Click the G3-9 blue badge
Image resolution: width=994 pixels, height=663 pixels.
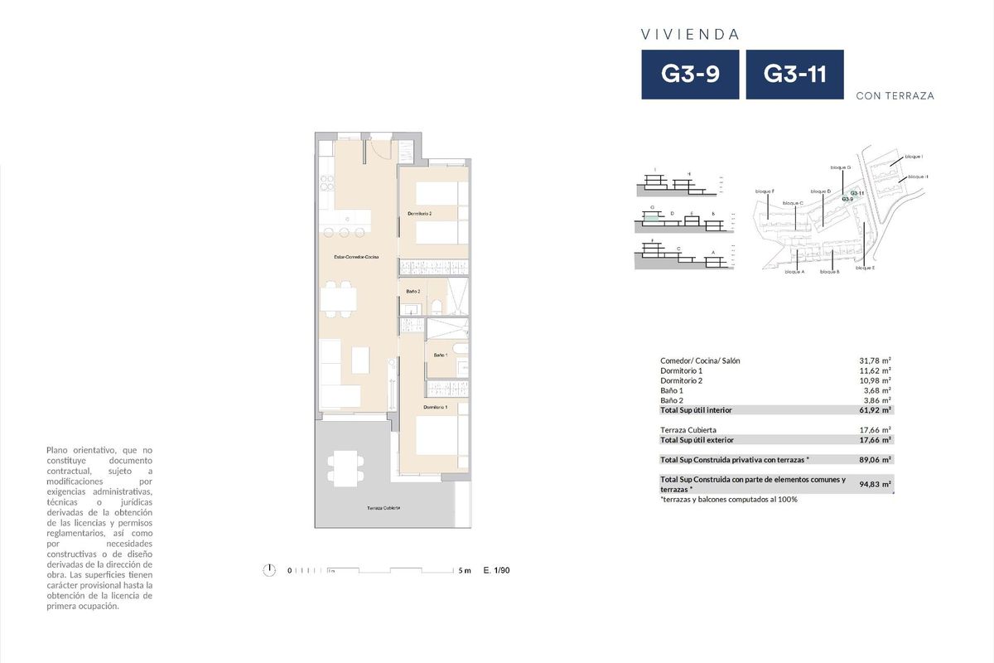(x=690, y=75)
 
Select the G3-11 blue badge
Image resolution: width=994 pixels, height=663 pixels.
(x=794, y=75)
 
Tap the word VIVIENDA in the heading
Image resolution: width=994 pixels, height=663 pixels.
(x=690, y=35)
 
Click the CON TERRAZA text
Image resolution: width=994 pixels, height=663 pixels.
(x=895, y=96)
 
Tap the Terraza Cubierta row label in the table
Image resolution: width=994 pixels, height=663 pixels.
(x=689, y=430)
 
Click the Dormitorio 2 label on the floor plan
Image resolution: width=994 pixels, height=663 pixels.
(x=419, y=214)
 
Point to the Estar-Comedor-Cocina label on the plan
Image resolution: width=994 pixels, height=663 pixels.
(x=356, y=258)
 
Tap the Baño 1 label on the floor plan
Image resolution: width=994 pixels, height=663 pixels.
(x=440, y=355)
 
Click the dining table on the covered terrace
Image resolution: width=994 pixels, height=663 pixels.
(x=344, y=467)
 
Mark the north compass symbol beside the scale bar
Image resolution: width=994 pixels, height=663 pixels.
(x=268, y=570)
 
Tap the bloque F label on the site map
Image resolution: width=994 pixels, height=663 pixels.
(x=765, y=191)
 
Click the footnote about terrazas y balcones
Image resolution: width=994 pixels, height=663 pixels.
(x=728, y=499)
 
